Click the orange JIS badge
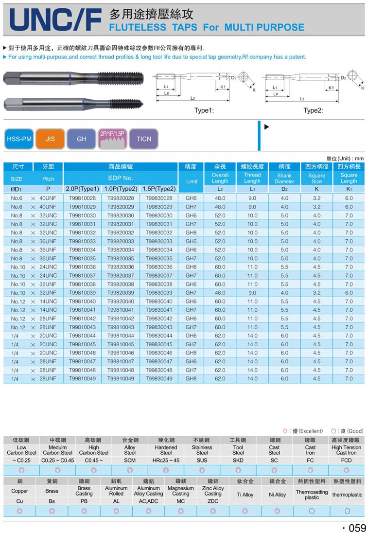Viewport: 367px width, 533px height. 50,139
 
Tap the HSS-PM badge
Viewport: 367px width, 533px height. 18,139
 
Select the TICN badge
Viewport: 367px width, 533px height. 143,139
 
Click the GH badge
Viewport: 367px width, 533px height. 81,139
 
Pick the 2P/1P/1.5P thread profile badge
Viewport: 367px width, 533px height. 112,139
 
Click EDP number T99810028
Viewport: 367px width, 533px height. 82,198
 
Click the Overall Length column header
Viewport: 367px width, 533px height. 220,178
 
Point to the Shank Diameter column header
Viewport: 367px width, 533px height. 284,178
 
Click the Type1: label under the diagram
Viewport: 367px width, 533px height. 204,110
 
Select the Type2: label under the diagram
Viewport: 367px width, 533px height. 313,110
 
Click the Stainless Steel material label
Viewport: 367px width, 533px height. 202,450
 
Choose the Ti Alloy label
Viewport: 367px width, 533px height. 245,495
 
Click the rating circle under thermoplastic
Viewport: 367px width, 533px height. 347,511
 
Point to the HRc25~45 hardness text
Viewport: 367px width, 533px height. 166,460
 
